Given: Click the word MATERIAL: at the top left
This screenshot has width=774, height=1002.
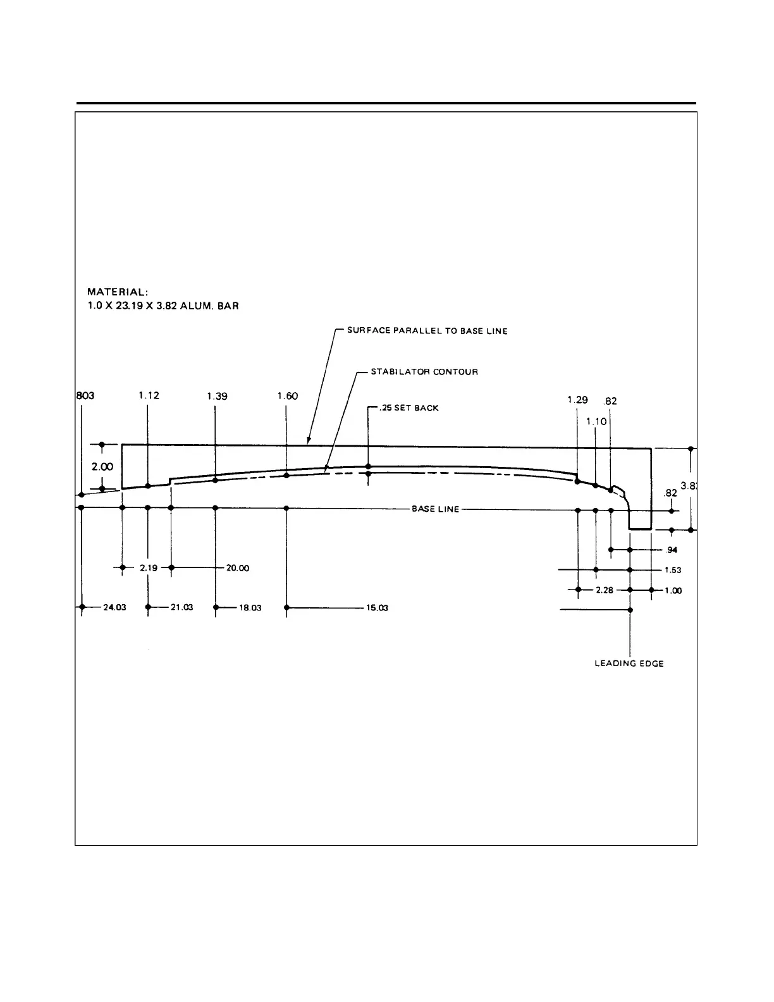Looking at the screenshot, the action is tap(118, 292).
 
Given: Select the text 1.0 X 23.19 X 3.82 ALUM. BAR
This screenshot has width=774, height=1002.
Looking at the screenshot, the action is tap(163, 306).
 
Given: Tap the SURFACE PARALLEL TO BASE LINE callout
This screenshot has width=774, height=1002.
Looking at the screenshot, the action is tap(427, 331).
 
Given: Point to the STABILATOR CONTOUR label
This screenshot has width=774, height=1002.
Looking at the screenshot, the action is tap(424, 371).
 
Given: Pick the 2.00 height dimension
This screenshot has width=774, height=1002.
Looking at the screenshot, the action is tap(102, 467).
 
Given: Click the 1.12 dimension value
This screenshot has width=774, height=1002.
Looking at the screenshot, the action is tap(149, 395).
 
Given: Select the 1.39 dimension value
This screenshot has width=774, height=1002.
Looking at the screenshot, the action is tap(217, 396).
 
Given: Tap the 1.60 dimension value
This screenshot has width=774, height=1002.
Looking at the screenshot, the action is tap(287, 396).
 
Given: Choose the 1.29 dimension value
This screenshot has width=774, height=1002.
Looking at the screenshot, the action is tap(577, 400).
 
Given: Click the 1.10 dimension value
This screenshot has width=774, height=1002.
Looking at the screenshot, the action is tap(596, 421).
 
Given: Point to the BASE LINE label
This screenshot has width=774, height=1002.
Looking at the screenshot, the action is tap(436, 509).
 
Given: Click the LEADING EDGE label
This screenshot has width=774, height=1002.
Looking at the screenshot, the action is tap(629, 664).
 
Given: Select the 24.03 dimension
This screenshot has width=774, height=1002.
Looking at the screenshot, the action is tap(114, 607).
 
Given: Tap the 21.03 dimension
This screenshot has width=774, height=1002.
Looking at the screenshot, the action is tap(181, 607).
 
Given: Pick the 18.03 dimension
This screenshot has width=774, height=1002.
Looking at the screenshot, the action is tap(250, 607).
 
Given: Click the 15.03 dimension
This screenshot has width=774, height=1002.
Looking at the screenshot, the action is tap(377, 607).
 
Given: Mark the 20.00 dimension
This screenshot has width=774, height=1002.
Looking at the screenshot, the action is tap(238, 568).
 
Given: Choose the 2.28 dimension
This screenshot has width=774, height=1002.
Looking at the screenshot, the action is tap(605, 590).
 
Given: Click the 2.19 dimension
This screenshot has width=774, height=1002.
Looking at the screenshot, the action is tap(149, 568).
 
